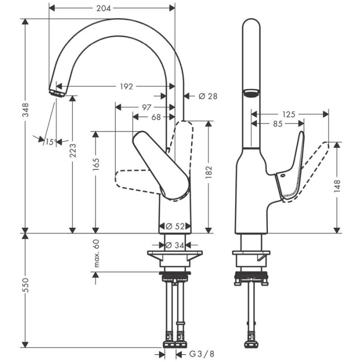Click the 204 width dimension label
pyautogui.click(x=103, y=8)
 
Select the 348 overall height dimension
pyautogui.click(x=25, y=110)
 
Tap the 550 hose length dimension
pyautogui.click(x=25, y=285)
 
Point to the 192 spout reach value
pyautogui.click(x=127, y=86)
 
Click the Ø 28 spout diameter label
pyautogui.click(x=208, y=96)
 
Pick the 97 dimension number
pyautogui.click(x=146, y=108)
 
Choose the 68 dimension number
pyautogui.click(x=156, y=117)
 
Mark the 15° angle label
pyautogui.click(x=51, y=142)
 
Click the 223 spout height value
pyautogui.click(x=73, y=150)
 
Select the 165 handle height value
pyautogui.click(x=96, y=164)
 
